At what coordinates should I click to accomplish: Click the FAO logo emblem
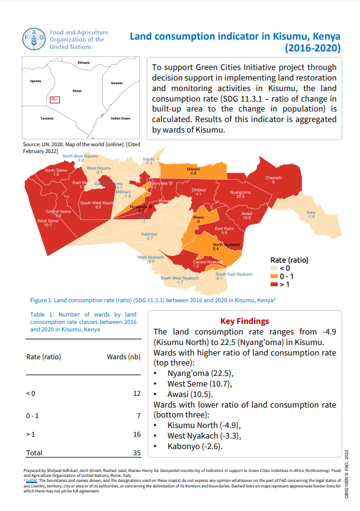click(33, 38)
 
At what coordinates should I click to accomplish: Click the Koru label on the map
click(311, 214)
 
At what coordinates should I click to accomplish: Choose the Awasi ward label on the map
click(247, 215)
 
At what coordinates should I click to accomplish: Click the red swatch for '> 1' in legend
click(274, 284)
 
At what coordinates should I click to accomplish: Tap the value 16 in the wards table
click(136, 435)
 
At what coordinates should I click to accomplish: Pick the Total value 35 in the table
click(136, 453)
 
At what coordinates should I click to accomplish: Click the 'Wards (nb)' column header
click(123, 357)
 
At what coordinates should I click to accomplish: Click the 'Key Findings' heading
click(245, 321)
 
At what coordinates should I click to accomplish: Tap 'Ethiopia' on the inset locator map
click(84, 63)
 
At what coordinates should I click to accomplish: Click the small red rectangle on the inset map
click(55, 99)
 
